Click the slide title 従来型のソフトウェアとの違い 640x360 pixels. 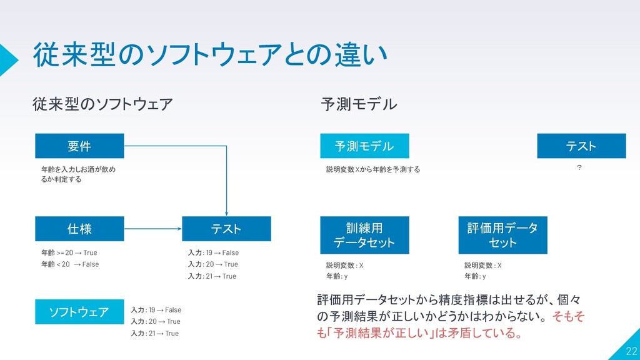[x=210, y=55]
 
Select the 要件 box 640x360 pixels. [x=79, y=146]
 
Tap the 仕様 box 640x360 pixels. [x=79, y=229]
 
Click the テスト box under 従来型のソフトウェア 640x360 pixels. [x=226, y=229]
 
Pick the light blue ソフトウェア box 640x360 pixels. [x=79, y=312]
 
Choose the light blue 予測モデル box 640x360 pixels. [x=364, y=146]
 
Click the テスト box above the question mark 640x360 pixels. [x=581, y=146]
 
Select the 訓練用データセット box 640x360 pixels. [x=364, y=235]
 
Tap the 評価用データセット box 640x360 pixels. [x=502, y=235]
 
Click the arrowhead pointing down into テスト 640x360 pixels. [x=226, y=212]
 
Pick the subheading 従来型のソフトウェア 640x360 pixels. [x=102, y=104]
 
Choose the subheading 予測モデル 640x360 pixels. [x=358, y=104]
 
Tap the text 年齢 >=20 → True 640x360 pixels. [x=69, y=253]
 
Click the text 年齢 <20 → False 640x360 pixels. [x=69, y=264]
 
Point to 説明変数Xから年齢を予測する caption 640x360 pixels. [x=373, y=169]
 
